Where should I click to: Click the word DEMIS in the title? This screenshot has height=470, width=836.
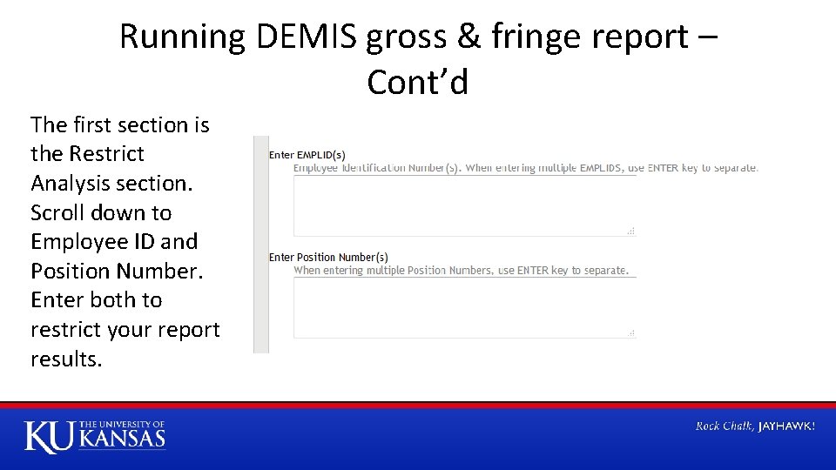tap(307, 37)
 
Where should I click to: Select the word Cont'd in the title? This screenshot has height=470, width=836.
tap(417, 82)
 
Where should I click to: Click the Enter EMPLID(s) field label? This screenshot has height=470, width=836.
tap(307, 155)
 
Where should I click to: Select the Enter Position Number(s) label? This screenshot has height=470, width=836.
tap(328, 257)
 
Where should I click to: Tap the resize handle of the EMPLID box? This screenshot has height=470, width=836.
tap(631, 231)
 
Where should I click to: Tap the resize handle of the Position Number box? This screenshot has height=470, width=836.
tap(631, 332)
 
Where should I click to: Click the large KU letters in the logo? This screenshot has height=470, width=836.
tap(50, 436)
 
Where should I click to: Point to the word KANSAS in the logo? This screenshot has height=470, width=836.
tap(122, 438)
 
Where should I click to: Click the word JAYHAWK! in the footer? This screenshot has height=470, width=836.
tap(786, 426)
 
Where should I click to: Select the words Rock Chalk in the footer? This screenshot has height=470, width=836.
tap(725, 426)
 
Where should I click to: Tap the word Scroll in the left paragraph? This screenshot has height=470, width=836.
tap(57, 212)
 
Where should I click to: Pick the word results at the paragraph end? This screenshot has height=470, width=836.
tap(65, 359)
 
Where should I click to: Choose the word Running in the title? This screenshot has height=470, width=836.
tap(183, 37)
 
